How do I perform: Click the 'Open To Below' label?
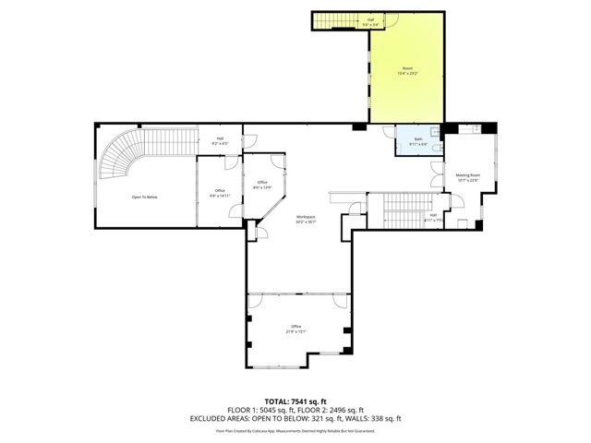143,197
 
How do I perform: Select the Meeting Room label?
468,176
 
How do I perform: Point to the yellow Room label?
407,70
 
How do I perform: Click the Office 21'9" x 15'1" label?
296,328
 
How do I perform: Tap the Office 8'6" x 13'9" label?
262,184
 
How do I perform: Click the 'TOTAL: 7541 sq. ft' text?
295,401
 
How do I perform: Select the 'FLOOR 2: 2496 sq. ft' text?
335,410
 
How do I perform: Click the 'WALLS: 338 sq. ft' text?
375,418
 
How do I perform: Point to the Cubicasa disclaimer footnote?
295,430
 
